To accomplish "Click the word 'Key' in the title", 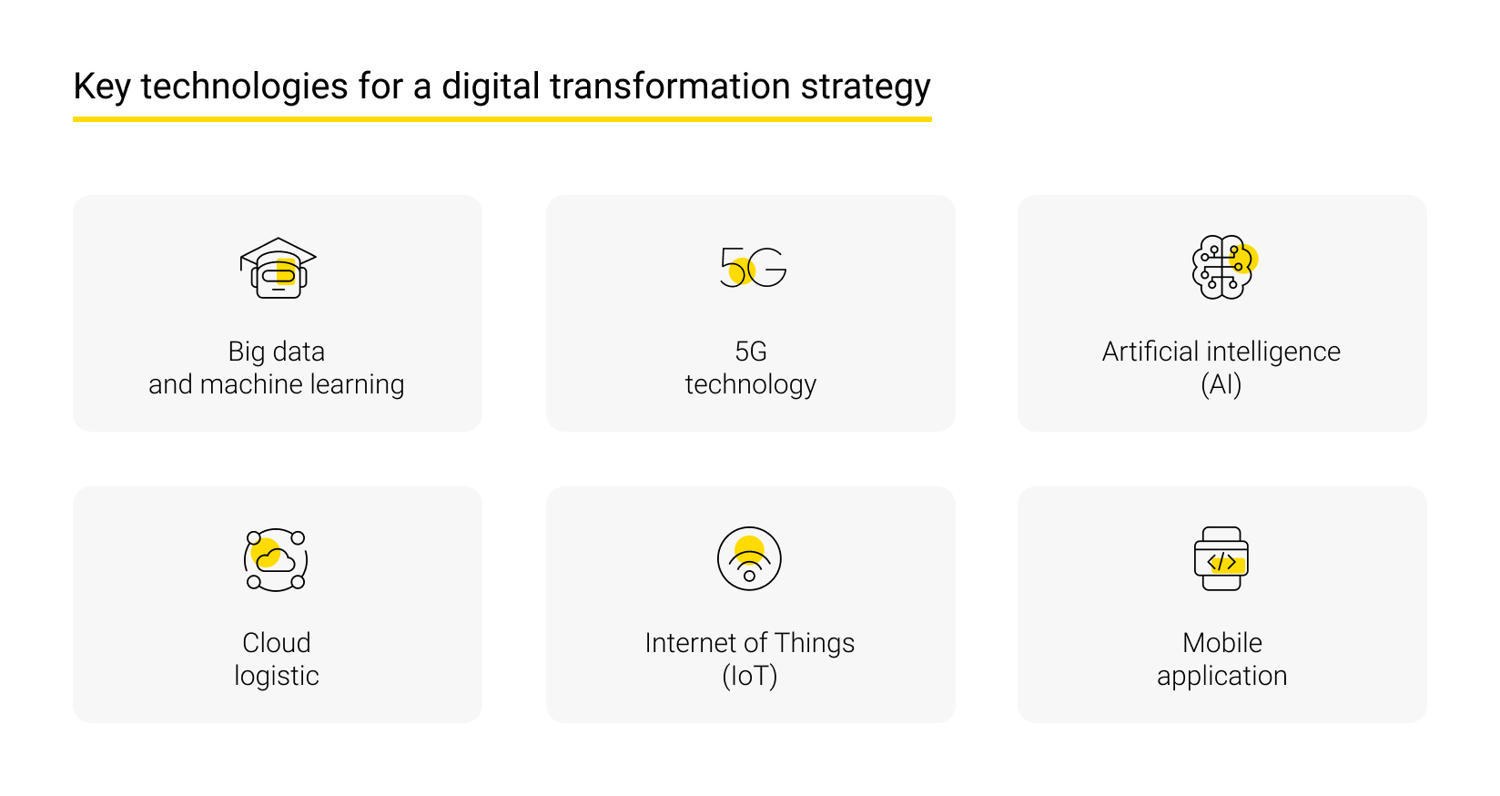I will click(x=101, y=87).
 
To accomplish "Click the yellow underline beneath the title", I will click(x=502, y=118).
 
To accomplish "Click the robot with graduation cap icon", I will click(x=278, y=269).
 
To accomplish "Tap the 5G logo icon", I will click(x=753, y=267).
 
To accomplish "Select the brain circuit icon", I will click(x=1222, y=267).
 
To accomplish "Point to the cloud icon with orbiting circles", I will click(x=276, y=559).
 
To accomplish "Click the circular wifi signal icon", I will click(x=749, y=558).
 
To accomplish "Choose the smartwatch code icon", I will click(x=1221, y=559).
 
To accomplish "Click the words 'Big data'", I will click(x=277, y=352).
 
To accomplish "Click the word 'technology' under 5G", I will click(x=751, y=384).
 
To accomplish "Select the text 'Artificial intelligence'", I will click(x=1221, y=352).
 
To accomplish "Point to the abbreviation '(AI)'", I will click(x=1221, y=384).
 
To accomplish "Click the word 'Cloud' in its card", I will click(x=277, y=643).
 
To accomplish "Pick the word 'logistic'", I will click(x=277, y=676).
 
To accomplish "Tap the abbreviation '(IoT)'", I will click(x=750, y=676).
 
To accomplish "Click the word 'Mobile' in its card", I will click(x=1222, y=643).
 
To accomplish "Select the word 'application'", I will click(x=1222, y=676).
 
